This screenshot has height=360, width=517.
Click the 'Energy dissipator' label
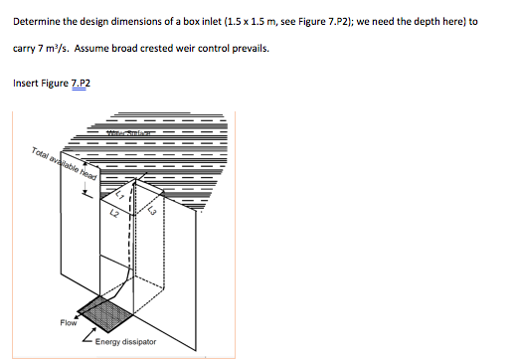click(x=125, y=341)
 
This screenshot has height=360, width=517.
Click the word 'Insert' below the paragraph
click(x=24, y=84)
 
